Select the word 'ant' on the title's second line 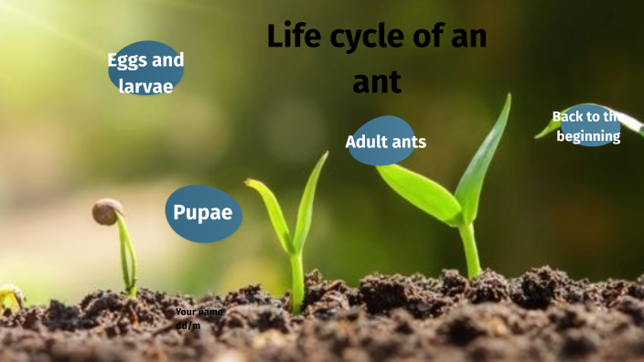[377, 82]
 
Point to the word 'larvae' [145, 88]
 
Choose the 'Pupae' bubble [203, 214]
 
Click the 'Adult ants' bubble [383, 142]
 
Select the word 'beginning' [589, 136]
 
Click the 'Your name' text [199, 312]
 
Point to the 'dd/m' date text [188, 325]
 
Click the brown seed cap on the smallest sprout [107, 211]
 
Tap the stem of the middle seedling [296, 279]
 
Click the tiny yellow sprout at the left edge [9, 296]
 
